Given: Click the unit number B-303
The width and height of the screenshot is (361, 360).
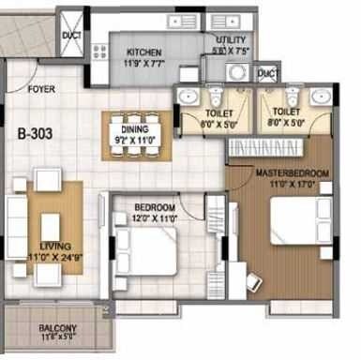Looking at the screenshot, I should [x=36, y=133].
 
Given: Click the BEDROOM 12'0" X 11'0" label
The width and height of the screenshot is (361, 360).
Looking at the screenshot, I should [x=155, y=206].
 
